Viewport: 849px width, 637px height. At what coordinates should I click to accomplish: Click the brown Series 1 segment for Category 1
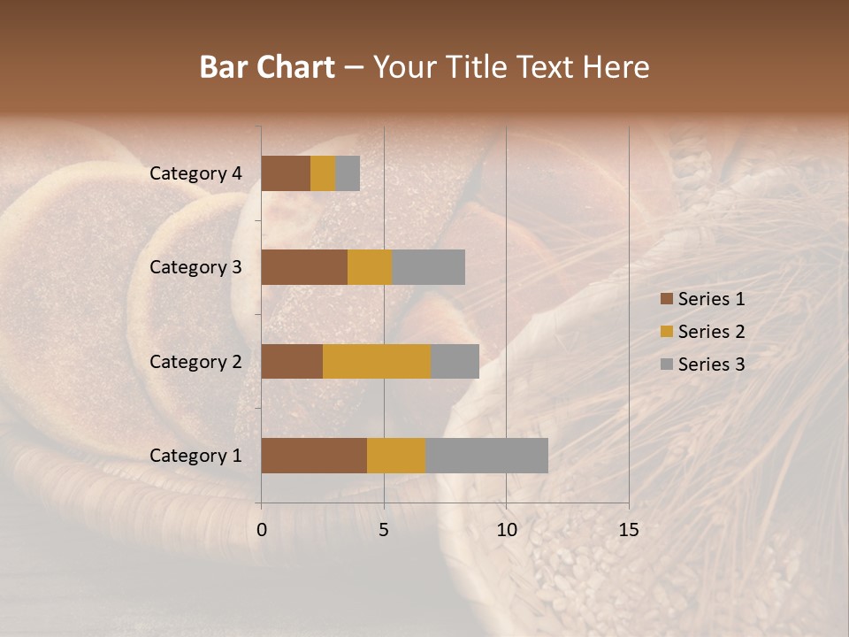pos(314,456)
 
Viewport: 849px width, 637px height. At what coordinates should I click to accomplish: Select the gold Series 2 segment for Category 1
pos(396,456)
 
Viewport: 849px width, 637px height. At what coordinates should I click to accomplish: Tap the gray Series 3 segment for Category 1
pos(486,456)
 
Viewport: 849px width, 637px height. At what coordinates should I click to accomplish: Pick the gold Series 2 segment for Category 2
pos(377,361)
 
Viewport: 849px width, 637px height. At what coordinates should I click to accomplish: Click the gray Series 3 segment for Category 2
pos(455,361)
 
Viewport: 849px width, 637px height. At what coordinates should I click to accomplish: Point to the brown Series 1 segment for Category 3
pos(304,267)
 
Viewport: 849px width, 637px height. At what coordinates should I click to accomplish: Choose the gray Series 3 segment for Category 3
pos(428,267)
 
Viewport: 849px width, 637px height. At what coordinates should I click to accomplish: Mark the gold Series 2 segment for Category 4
pos(323,173)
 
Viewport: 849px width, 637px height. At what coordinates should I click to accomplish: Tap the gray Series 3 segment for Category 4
pos(348,173)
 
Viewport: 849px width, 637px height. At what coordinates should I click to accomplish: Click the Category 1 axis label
pos(195,456)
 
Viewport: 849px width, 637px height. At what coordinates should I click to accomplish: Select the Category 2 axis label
pos(195,361)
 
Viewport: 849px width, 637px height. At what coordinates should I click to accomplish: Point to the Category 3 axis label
pos(195,267)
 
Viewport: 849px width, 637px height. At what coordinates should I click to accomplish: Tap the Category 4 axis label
pos(195,173)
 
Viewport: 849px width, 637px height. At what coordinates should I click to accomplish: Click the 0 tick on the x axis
pos(262,530)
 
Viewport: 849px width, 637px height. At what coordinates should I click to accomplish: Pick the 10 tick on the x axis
pos(506,530)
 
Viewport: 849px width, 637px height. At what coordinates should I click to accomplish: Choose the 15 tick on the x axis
pos(629,530)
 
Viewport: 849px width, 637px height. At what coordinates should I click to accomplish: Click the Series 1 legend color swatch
pos(666,299)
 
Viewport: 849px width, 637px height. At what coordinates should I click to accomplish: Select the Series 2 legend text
pos(711,332)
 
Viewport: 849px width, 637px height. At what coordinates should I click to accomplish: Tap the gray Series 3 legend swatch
pos(666,365)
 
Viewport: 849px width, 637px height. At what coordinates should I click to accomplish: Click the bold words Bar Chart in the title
pos(267,67)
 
